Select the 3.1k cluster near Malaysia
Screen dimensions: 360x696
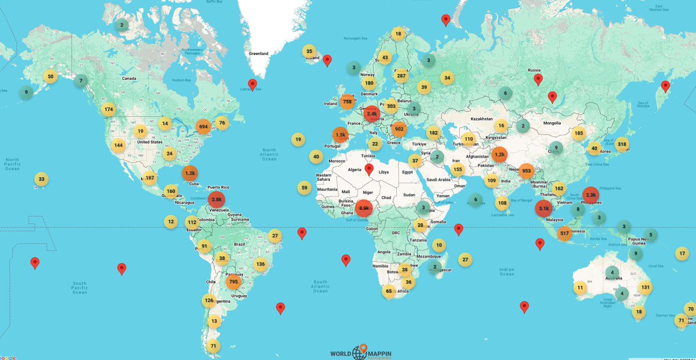543,208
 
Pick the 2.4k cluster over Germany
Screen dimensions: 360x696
372,114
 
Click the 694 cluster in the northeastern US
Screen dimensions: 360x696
203,126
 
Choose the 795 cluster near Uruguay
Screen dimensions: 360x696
233,282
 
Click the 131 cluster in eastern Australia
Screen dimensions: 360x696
645,288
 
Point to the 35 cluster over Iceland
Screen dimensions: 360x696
310,52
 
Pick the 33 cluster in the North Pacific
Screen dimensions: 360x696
41,179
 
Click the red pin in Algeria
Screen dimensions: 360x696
369,170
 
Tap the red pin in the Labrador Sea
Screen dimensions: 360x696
252,85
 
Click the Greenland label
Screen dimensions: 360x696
259,53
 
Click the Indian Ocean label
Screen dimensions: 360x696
506,271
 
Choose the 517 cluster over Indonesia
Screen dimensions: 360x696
564,234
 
